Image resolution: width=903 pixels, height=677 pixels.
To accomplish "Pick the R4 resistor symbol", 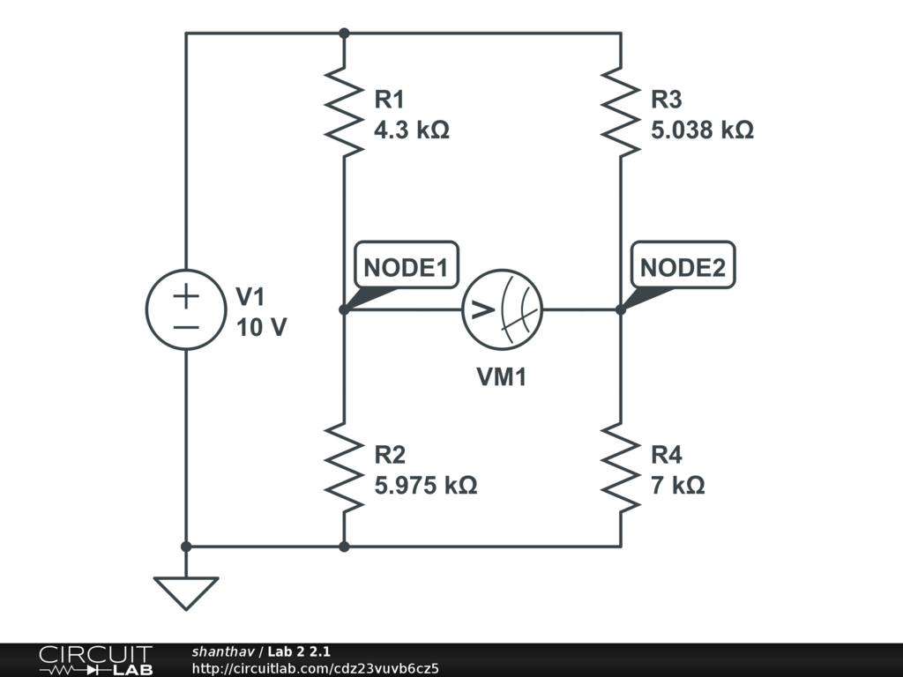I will point(621,468).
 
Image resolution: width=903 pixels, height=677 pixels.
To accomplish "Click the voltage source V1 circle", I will point(186,309).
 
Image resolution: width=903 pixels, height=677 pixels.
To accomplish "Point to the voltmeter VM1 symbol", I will point(503,309).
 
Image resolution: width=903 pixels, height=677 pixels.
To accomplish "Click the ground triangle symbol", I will point(186,592).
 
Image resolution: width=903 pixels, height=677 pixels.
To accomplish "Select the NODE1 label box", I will point(406,265).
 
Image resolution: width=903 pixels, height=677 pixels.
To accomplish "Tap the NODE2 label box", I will point(683,265).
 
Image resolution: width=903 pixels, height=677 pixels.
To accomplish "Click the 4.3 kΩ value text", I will point(412,130).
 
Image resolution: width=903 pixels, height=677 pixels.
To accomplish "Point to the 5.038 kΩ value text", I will point(702,130).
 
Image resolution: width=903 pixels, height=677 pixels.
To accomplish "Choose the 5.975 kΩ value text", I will point(425,486).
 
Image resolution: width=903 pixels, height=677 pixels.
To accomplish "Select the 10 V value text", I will point(261,327).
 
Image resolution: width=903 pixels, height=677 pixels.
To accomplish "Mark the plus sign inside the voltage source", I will point(186,295).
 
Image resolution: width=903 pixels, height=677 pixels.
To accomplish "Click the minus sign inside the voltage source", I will point(186,326).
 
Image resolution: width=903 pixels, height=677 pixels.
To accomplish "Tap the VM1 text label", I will point(502,377).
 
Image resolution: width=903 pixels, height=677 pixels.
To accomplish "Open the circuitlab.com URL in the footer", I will point(315,668).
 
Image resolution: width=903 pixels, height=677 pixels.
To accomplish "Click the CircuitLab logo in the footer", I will point(95,660).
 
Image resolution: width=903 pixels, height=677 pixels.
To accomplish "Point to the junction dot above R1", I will point(344,33).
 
